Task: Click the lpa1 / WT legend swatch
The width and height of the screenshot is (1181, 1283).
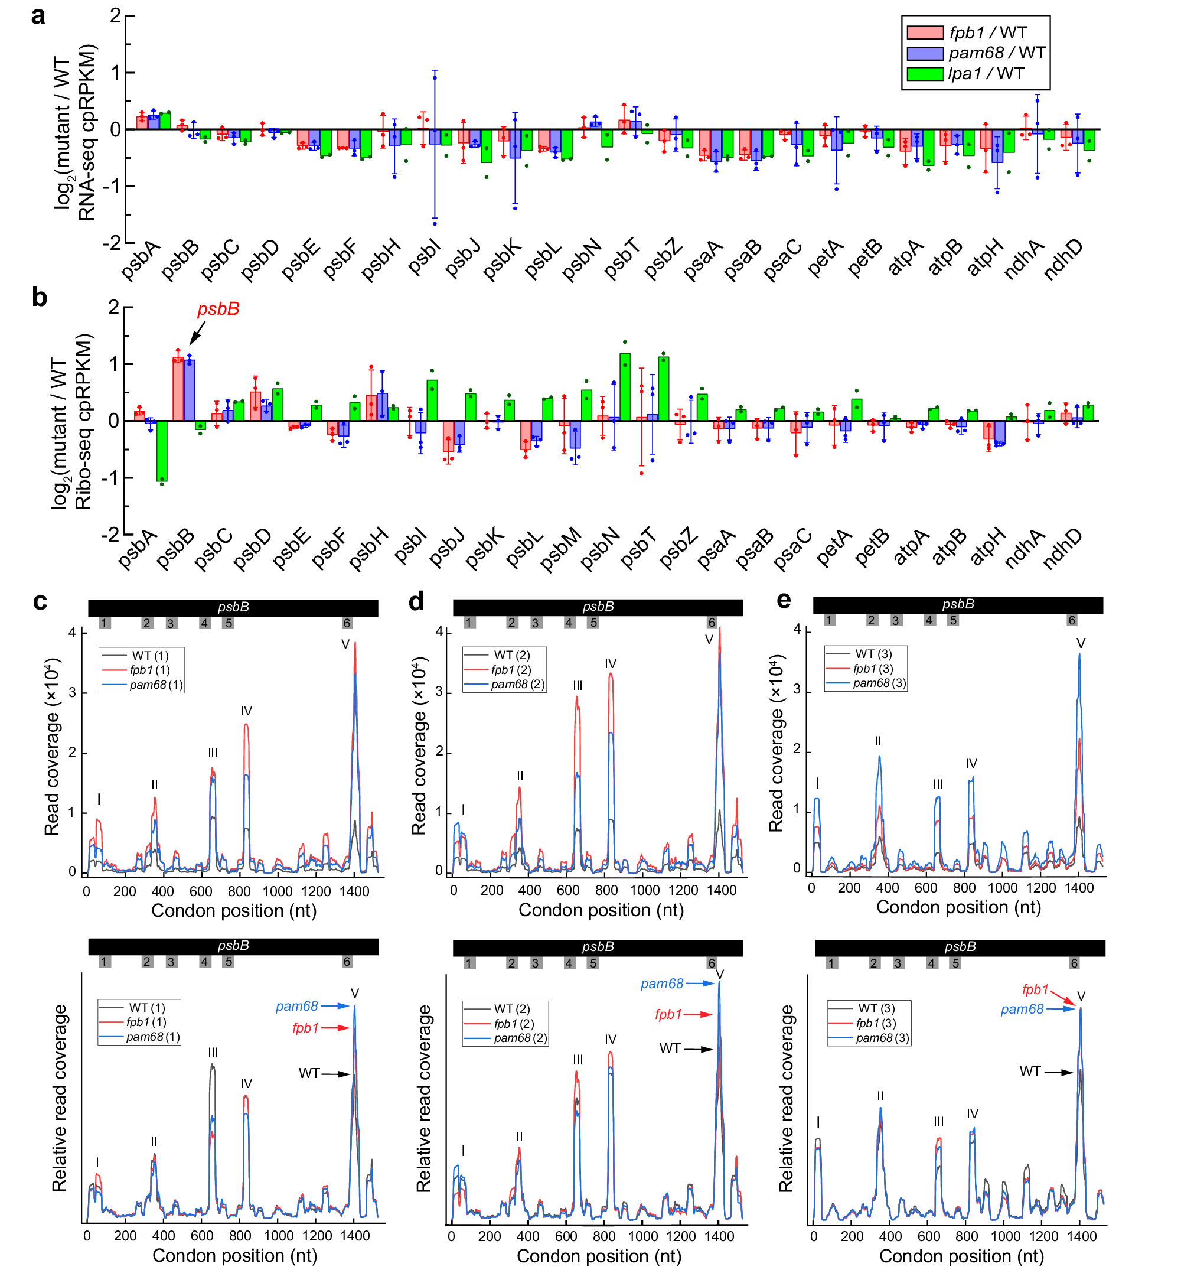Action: pyautogui.click(x=925, y=74)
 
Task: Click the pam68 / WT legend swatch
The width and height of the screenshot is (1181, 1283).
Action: pyautogui.click(x=925, y=53)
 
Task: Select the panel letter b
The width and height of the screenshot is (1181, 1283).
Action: pyautogui.click(x=40, y=297)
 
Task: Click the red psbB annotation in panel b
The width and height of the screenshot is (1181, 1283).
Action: pyautogui.click(x=218, y=310)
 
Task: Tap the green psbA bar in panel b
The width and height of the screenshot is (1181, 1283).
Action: pyautogui.click(x=162, y=451)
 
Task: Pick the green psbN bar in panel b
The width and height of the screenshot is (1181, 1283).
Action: pyautogui.click(x=624, y=387)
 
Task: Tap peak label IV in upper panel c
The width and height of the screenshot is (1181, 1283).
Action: pyautogui.click(x=246, y=711)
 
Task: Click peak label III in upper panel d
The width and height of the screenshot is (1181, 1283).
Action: pyautogui.click(x=577, y=685)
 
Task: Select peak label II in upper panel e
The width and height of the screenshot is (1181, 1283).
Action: pyautogui.click(x=877, y=741)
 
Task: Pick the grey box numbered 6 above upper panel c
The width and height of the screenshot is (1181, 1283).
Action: pyautogui.click(x=347, y=623)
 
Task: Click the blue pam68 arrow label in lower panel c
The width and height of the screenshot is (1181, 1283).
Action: pyautogui.click(x=296, y=1006)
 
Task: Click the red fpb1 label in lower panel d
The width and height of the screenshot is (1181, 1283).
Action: pyautogui.click(x=668, y=1014)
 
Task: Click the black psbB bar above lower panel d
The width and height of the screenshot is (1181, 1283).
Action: pyautogui.click(x=598, y=947)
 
